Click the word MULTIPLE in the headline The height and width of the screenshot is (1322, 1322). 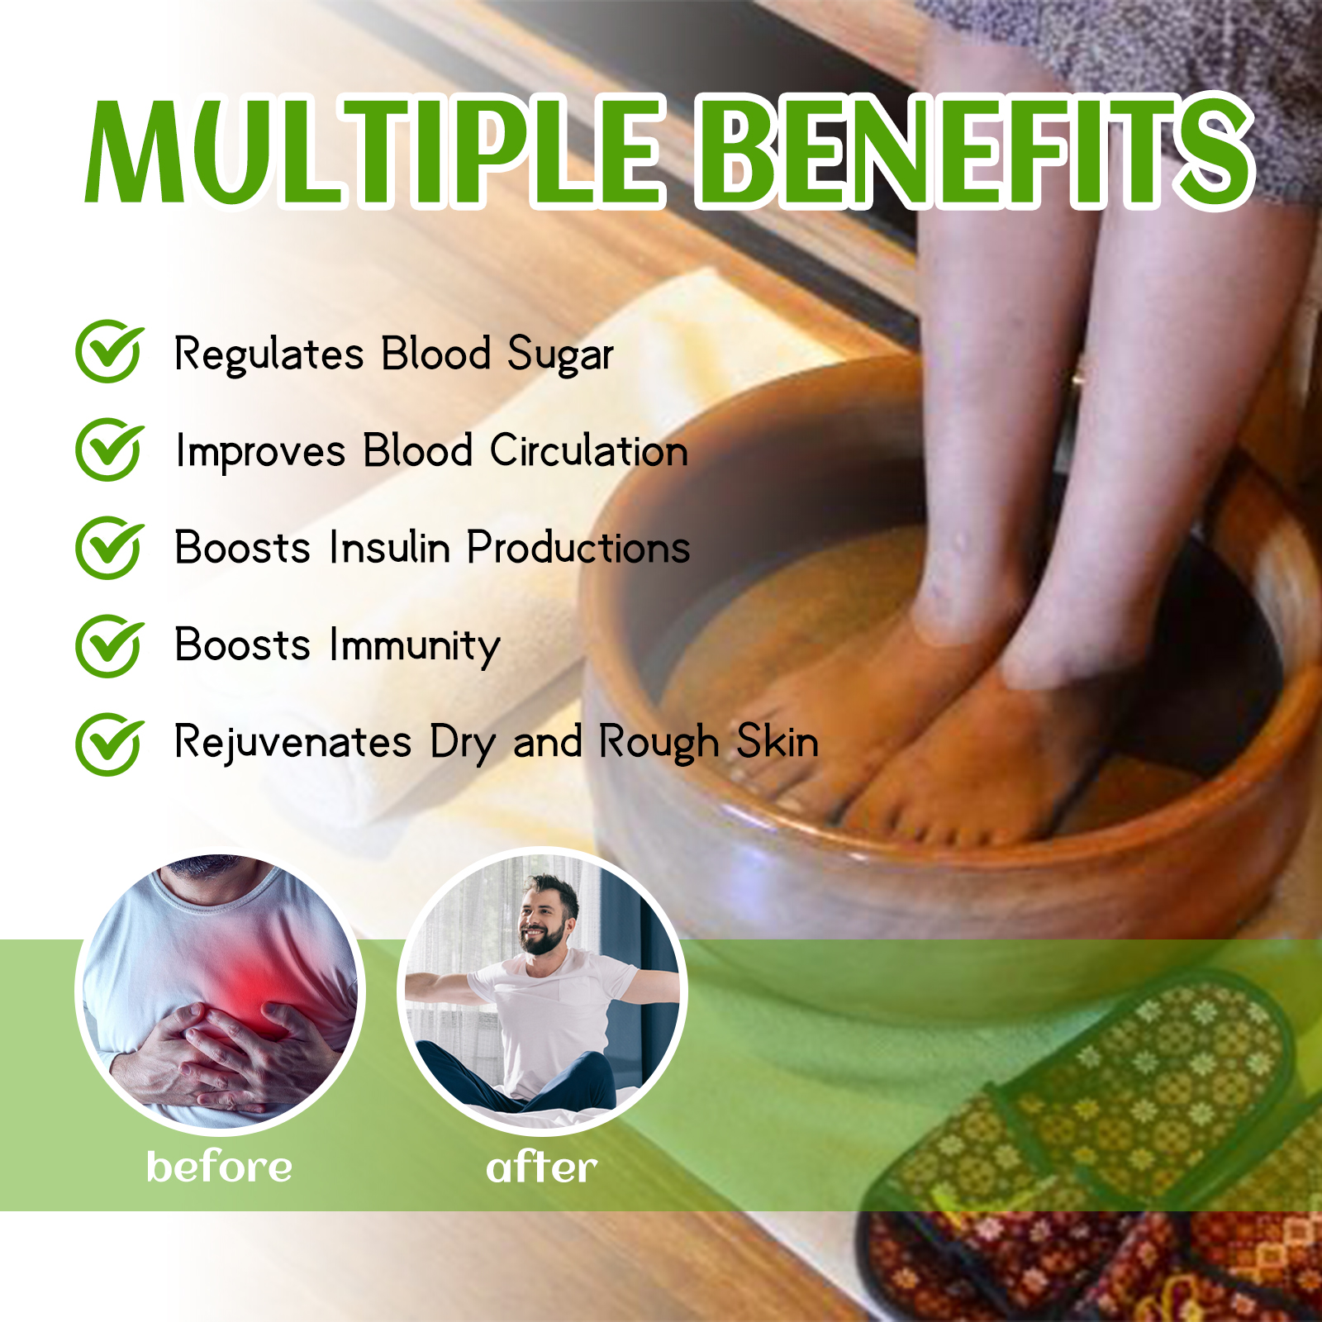(374, 150)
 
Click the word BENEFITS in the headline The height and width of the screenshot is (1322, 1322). (975, 150)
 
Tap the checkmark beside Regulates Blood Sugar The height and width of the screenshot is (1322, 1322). (109, 351)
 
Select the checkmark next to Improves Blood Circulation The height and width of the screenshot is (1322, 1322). (109, 449)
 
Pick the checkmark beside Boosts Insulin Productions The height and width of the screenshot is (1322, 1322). (109, 547)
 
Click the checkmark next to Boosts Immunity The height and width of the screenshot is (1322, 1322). (109, 645)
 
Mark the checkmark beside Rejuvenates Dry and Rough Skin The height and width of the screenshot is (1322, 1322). (109, 744)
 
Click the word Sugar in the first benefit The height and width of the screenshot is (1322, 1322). (560, 355)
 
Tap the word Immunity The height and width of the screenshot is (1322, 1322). (415, 646)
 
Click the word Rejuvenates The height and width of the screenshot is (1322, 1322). (292, 743)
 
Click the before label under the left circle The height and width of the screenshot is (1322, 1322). (219, 1167)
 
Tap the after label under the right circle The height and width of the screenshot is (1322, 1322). (541, 1167)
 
